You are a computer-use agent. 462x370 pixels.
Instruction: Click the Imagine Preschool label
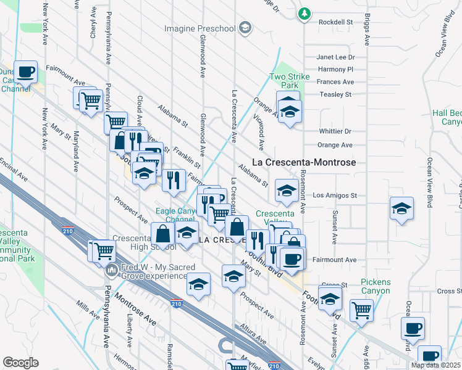coord(199,28)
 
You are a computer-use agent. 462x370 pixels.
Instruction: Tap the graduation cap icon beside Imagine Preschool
coord(245,28)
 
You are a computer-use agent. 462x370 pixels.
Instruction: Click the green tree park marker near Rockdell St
coord(304,13)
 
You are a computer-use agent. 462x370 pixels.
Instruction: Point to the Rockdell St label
coord(335,22)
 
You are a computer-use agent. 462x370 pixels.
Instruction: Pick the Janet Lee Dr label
coord(335,57)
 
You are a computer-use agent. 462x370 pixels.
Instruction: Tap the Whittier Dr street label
coord(335,131)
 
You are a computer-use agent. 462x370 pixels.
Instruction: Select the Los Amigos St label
coord(335,195)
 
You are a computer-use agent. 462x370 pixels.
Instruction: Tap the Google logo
coord(20,363)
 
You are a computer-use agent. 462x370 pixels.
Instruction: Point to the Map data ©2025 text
coord(435,365)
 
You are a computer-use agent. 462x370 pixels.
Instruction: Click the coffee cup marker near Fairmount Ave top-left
coord(26,72)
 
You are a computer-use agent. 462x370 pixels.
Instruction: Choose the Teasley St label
coord(335,94)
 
